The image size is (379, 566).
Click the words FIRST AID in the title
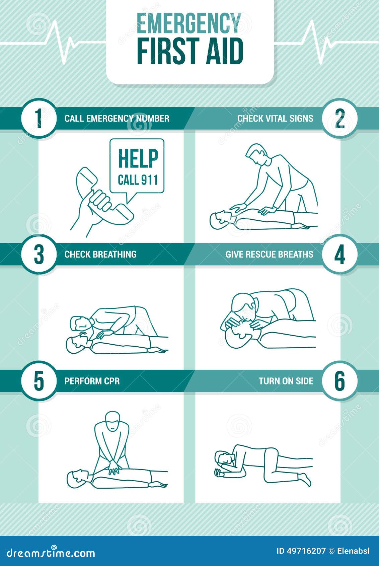pos(190,52)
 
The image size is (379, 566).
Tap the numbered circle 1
pos(39,118)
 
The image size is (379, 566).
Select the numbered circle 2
pos(340,118)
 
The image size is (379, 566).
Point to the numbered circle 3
pos(39,254)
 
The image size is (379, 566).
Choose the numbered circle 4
pos(340,254)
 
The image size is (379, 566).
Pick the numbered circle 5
pos(39,381)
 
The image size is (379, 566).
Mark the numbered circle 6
pos(340,381)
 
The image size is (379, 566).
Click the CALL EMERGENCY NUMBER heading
pos(117,118)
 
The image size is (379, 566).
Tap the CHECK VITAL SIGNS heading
pos(275,118)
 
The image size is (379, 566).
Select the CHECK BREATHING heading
pos(100,254)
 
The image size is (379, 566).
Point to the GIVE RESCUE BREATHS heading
pos(269,254)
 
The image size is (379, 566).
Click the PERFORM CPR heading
pos(92,381)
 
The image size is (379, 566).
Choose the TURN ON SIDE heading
pos(286,381)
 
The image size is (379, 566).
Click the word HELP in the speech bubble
pos(138,158)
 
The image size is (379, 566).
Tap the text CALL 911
pos(138,180)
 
